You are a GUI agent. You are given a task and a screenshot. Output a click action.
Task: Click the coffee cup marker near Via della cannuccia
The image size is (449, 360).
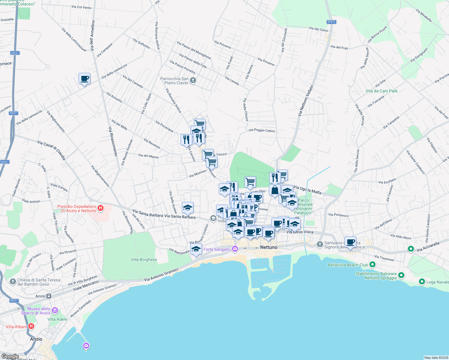tap(84, 79)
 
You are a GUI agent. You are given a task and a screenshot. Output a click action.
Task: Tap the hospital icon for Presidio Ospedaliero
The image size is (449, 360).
tap(101, 208)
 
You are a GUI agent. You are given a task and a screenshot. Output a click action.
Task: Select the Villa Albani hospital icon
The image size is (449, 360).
tap(31, 326)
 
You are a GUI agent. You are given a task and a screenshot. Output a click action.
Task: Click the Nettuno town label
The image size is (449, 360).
tap(269, 247)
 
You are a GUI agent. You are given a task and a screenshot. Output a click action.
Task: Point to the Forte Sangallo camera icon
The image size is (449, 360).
tap(235, 249)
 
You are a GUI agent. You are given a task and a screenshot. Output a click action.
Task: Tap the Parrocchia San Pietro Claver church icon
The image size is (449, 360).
tap(193, 80)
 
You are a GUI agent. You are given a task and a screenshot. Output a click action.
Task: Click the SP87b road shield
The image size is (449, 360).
tap(331, 22)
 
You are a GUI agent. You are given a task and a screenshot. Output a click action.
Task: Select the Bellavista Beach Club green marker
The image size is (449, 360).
tap(372, 264)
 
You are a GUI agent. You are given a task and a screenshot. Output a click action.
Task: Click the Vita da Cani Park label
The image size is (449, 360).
tap(381, 91)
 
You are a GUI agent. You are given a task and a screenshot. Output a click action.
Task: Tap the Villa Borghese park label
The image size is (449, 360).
tap(144, 259)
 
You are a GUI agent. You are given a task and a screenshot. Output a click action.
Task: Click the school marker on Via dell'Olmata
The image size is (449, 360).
tap(196, 249)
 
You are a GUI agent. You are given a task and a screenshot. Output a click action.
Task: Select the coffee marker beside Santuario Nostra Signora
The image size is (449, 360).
tap(350, 242)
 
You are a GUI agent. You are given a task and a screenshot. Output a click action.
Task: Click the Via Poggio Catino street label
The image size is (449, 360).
tap(262, 130)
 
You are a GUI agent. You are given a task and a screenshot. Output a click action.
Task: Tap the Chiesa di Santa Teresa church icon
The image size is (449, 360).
tap(13, 281)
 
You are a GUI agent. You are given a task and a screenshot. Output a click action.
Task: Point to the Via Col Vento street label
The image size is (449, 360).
tap(81, 7)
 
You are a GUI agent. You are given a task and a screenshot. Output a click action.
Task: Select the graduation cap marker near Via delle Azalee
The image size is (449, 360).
tap(188, 207)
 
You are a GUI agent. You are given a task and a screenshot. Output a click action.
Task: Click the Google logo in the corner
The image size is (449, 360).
tap(10, 356)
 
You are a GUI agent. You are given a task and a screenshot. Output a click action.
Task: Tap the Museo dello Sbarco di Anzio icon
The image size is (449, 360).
tap(55, 310)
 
